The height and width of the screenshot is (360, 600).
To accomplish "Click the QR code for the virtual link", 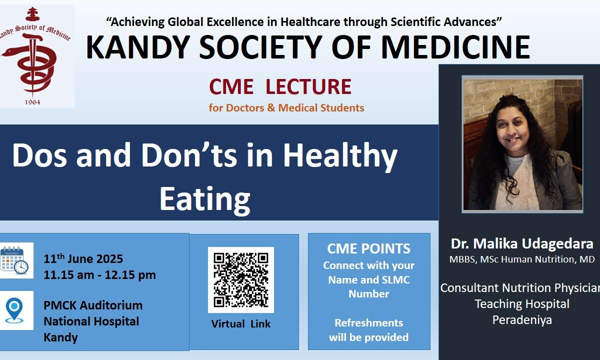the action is [241, 280].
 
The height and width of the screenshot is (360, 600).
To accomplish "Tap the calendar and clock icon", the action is [14, 260].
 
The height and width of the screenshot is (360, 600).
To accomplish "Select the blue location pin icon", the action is [14, 310].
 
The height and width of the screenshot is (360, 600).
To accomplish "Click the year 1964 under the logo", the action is [32, 102].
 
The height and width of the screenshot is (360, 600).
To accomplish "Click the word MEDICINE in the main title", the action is [455, 47].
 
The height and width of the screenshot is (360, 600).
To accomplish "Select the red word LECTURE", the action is [308, 86].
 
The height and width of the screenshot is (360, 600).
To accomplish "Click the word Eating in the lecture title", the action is [205, 199].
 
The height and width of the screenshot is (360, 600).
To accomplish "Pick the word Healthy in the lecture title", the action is [340, 156].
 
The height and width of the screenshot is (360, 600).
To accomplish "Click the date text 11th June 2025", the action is [83, 259].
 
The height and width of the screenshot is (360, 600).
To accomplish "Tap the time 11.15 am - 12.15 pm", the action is [99, 275].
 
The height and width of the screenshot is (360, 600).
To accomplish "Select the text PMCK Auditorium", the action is [93, 305].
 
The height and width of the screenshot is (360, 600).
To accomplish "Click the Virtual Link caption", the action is [241, 324].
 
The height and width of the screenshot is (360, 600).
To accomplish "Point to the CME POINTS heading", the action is [369, 248].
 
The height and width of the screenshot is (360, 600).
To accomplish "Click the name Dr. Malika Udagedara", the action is [522, 244].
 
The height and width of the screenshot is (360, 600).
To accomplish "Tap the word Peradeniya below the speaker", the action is [522, 320].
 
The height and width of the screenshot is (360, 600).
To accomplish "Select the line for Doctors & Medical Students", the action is [286, 107].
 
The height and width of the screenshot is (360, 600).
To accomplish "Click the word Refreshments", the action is [369, 323].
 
